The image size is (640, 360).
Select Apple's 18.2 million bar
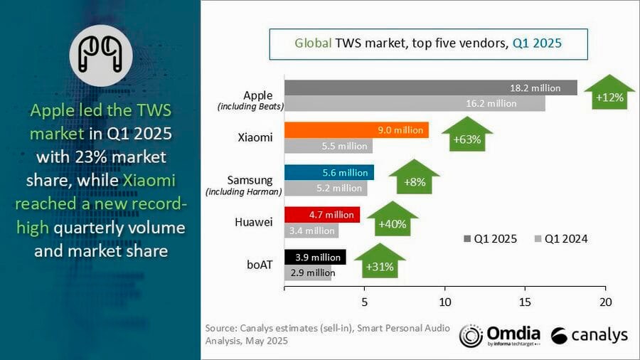click(x=431, y=88)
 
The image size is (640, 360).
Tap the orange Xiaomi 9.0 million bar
click(x=356, y=129)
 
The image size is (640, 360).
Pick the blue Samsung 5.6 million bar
click(x=329, y=172)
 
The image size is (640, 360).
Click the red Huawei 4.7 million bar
click(x=321, y=214)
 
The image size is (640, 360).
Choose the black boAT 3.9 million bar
click(x=315, y=257)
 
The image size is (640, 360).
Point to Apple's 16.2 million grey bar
click(x=415, y=103)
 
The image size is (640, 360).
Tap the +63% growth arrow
click(x=466, y=136)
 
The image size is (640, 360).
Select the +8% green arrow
click(x=414, y=179)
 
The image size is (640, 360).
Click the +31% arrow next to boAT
click(x=379, y=264)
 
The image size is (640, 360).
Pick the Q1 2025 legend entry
click(x=491, y=238)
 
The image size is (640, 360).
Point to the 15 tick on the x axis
click(x=525, y=302)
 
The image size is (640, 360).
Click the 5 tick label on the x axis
click(x=364, y=302)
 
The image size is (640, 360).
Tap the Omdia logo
click(x=499, y=335)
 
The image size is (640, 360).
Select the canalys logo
click(x=589, y=335)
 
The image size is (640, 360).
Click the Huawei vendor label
click(x=253, y=222)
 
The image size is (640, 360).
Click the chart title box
click(x=428, y=43)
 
